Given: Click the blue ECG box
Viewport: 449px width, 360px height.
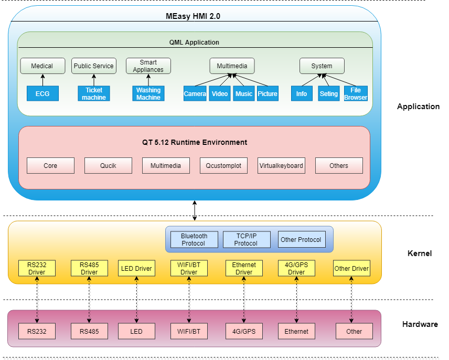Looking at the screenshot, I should (x=42, y=94).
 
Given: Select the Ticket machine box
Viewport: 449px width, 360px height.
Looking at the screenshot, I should (x=94, y=94).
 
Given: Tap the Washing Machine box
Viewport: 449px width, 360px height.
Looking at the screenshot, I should (x=148, y=94).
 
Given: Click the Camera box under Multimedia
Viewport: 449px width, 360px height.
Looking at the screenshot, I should (x=195, y=94).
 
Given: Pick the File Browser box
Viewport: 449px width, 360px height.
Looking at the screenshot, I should (x=356, y=94).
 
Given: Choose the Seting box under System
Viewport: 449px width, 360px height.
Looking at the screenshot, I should (x=329, y=94).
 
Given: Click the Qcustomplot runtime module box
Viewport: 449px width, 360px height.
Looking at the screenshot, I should (x=223, y=166).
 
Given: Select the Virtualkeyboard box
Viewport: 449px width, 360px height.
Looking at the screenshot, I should (x=281, y=166).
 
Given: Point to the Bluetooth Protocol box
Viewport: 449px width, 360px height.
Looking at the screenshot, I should (x=194, y=240).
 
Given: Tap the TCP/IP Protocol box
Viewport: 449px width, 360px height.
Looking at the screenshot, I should (x=246, y=240).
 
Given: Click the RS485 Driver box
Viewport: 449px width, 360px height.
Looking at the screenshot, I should (x=89, y=269).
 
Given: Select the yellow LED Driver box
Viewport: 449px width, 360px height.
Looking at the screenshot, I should (x=136, y=269).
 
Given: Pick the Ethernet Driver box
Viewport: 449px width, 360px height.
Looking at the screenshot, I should (x=244, y=269).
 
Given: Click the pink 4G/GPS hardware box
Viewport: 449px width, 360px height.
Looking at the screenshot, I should (x=244, y=332).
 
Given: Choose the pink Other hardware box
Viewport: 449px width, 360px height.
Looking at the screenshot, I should (x=354, y=332).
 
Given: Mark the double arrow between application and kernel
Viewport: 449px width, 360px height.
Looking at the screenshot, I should (x=195, y=210).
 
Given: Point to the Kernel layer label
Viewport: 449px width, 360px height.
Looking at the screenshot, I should (x=419, y=253).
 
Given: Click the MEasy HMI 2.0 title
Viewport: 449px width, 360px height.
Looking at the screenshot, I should (x=193, y=16).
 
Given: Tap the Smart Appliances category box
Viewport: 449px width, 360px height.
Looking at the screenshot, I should (x=148, y=66).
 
